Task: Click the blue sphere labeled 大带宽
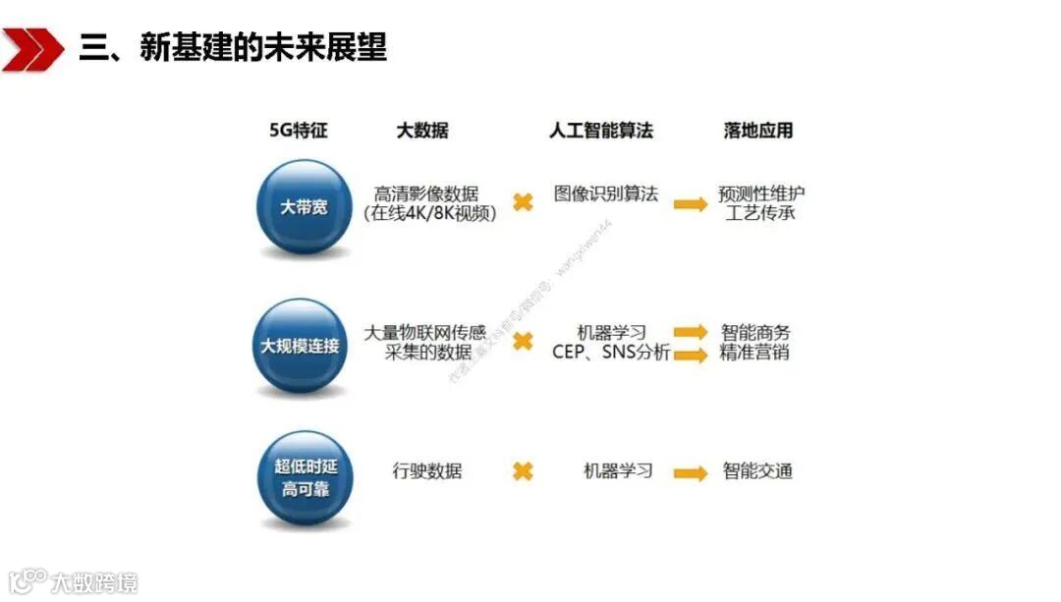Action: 304,207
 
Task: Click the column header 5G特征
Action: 299,130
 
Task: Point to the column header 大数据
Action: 422,130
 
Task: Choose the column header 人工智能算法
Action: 601,130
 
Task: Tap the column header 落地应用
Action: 757,130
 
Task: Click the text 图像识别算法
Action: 606,193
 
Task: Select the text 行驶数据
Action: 426,471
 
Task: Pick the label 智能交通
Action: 757,471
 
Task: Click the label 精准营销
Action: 754,353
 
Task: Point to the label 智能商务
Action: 754,333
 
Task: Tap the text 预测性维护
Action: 761,193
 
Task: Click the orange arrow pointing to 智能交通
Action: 691,472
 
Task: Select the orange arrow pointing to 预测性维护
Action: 691,203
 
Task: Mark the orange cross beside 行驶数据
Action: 523,471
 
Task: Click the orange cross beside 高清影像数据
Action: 523,202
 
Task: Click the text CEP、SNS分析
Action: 611,353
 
